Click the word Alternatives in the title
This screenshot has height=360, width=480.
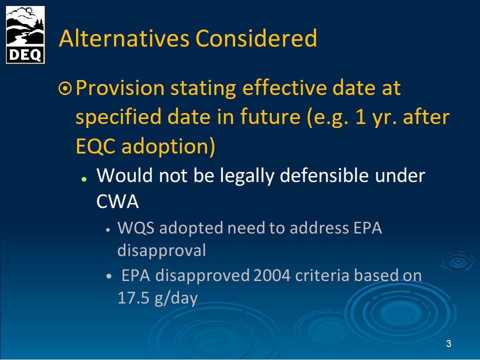pyautogui.click(x=124, y=38)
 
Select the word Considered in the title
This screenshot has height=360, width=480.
pyautogui.click(x=256, y=38)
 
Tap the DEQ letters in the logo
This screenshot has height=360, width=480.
pyautogui.click(x=25, y=55)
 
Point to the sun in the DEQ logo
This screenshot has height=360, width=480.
pyautogui.click(x=29, y=11)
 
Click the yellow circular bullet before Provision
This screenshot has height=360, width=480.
pyautogui.click(x=65, y=89)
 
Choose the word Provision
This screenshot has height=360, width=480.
pyautogui.click(x=120, y=88)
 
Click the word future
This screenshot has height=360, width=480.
pyautogui.click(x=270, y=117)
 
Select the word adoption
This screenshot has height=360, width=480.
pyautogui.click(x=168, y=147)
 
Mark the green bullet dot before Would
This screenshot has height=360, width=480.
pyautogui.click(x=84, y=179)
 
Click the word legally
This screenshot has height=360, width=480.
pyautogui.click(x=247, y=176)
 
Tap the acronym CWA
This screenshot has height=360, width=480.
pyautogui.click(x=117, y=201)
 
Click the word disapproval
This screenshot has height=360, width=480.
pyautogui.click(x=161, y=251)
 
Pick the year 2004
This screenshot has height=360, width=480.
pyautogui.click(x=272, y=275)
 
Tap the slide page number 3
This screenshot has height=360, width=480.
pyautogui.click(x=449, y=344)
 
